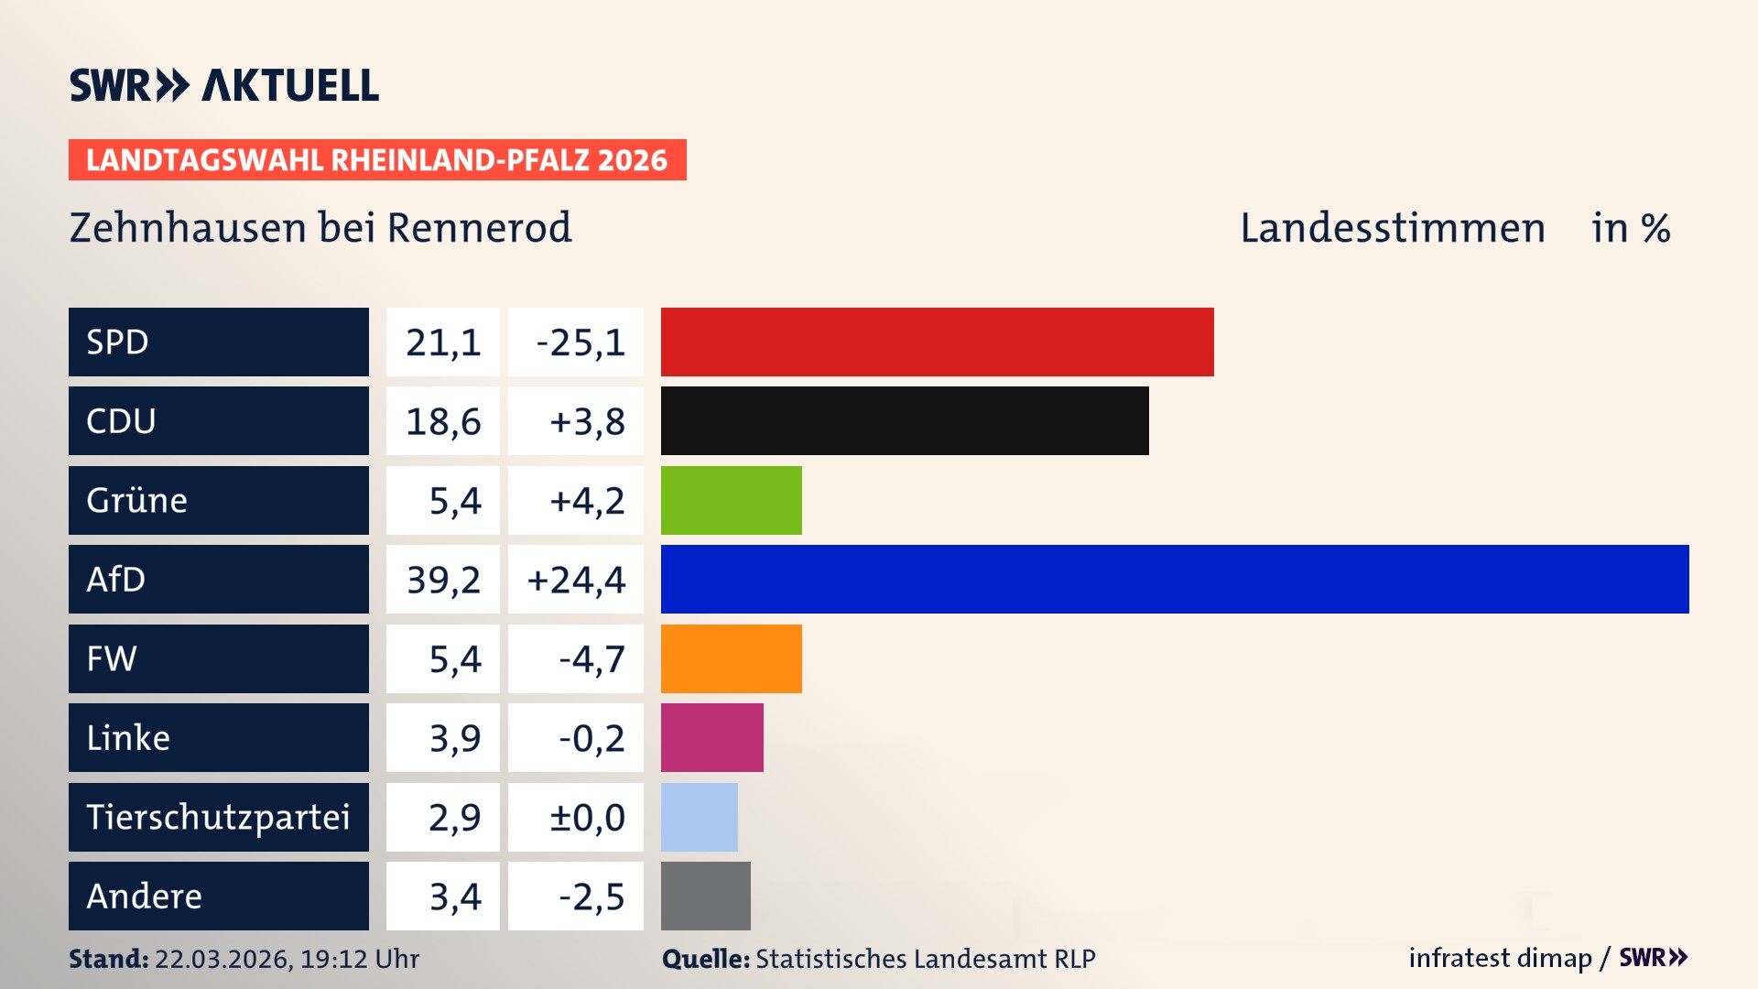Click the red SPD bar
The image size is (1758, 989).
(937, 342)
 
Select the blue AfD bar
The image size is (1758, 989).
(1174, 579)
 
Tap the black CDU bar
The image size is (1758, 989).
(905, 420)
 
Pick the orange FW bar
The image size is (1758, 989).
(731, 658)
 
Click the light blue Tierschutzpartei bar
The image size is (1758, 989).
(699, 817)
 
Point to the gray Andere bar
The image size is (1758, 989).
(705, 896)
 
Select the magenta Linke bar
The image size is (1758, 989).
(711, 737)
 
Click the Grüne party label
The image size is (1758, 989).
(137, 500)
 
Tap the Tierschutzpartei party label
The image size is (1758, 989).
(218, 817)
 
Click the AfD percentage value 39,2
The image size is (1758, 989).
(443, 580)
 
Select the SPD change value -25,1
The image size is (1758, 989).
(580, 342)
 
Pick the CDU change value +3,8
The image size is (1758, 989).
(586, 421)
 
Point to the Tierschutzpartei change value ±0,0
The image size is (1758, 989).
(586, 817)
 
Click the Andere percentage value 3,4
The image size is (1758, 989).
(454, 897)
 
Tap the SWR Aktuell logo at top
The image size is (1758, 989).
(223, 85)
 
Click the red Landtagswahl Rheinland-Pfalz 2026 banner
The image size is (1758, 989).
(376, 160)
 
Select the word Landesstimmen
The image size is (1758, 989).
(1392, 228)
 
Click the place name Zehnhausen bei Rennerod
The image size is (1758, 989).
(320, 228)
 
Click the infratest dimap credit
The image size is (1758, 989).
(1500, 958)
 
